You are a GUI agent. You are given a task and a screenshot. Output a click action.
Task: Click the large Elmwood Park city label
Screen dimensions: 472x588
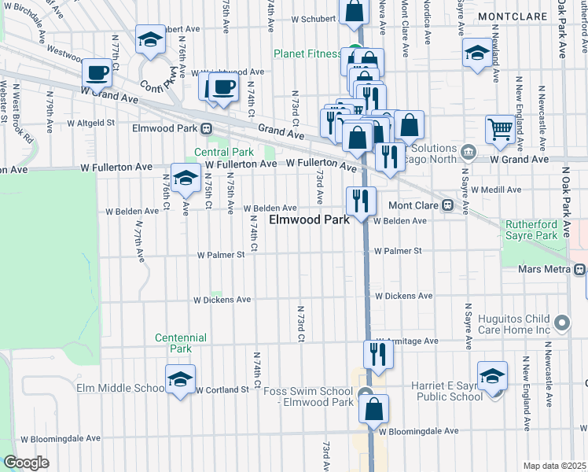pyautogui.click(x=309, y=220)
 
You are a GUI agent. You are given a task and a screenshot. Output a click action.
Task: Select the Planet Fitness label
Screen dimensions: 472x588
pyautogui.click(x=307, y=53)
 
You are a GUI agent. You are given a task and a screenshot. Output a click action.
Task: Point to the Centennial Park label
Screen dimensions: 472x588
pyautogui.click(x=181, y=343)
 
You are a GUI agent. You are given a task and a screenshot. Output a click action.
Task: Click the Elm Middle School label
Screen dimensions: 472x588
pyautogui.click(x=120, y=388)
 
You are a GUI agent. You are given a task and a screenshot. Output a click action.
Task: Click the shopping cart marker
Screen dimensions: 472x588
pyautogui.click(x=500, y=129)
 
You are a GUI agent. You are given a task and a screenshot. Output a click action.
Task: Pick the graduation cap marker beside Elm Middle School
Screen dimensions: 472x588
pyautogui.click(x=180, y=380)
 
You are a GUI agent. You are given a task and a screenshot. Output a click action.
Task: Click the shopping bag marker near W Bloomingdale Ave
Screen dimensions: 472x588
pyautogui.click(x=374, y=407)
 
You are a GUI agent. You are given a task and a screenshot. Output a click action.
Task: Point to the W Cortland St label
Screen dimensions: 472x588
pyautogui.click(x=222, y=390)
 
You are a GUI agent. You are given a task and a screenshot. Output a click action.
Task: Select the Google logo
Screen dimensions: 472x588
pyautogui.click(x=25, y=463)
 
